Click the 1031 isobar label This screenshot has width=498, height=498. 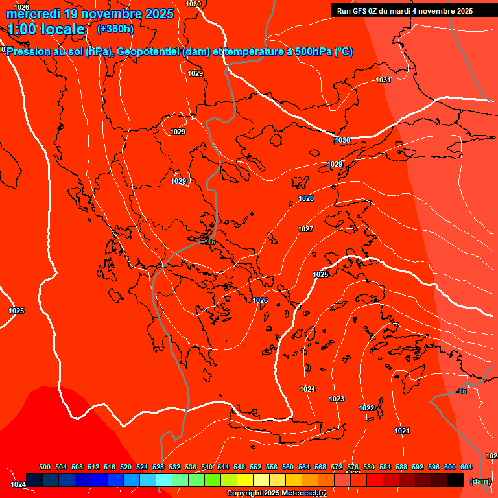coord(383,80)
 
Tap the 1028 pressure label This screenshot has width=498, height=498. coord(306,198)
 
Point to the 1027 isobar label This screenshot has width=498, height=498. coord(305,229)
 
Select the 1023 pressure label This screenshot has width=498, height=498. coord(337,399)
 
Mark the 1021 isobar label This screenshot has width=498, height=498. coord(402,431)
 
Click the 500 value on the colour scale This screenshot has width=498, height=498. coord(45,467)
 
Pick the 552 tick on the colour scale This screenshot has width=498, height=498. coord(255,467)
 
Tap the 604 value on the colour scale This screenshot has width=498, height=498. coord(466,467)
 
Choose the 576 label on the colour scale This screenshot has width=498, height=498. coord(353,467)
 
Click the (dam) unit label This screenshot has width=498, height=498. coord(480,480)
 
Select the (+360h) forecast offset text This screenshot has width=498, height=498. coord(115,29)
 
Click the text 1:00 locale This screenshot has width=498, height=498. coord(46,29)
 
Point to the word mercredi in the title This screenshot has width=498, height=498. coord(33,14)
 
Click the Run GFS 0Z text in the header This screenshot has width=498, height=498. coord(362,10)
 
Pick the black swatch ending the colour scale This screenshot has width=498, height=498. coord(456,480)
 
